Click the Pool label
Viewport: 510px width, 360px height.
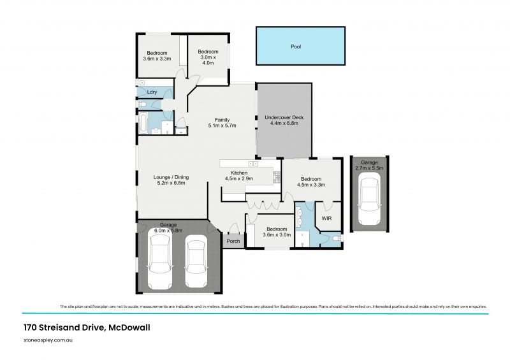tap(295, 47)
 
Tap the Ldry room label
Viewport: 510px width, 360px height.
tap(152, 92)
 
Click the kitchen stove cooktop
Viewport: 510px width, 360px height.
tap(277, 178)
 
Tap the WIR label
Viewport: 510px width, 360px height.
tap(326, 218)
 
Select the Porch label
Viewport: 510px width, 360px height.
tap(233, 241)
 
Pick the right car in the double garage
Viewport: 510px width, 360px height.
tap(196, 263)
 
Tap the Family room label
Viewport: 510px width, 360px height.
tap(222, 119)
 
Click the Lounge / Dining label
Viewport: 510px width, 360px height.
tap(171, 177)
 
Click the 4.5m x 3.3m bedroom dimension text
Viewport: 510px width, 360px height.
tap(312, 185)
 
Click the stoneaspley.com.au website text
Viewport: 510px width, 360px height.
tap(51, 341)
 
